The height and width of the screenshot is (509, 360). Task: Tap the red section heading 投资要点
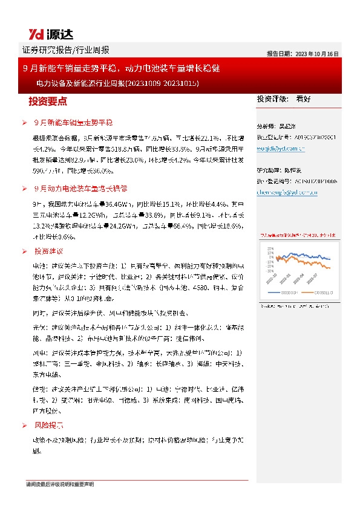tap(48, 101)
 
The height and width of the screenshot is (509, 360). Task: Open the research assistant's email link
tap(287, 192)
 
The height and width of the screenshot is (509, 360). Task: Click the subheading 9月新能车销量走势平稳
tap(73, 122)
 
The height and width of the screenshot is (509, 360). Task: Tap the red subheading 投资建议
tap(49, 250)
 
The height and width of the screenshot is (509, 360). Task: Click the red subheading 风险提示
tap(49, 426)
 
